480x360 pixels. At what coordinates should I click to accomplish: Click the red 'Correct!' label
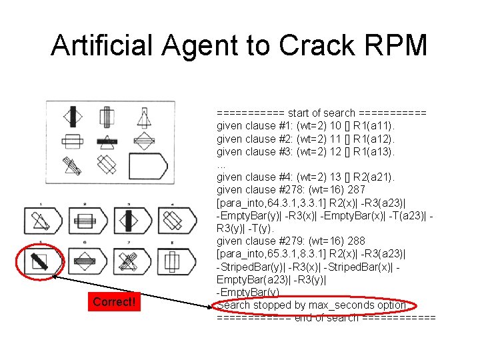(x=114, y=302)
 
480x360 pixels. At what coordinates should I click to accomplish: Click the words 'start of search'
(x=321, y=113)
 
